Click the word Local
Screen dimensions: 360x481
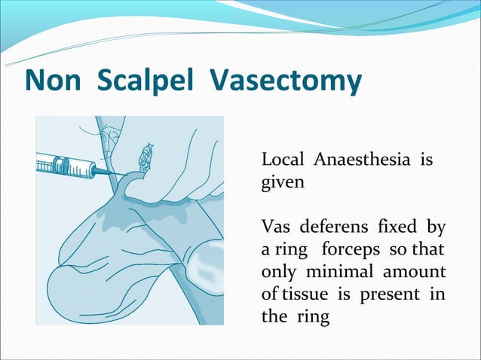(282, 160)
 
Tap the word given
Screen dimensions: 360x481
(283, 183)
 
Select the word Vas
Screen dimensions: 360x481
(275, 227)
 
